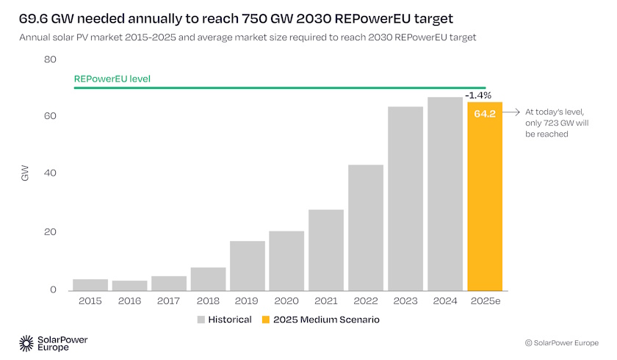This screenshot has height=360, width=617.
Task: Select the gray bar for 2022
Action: tap(366, 228)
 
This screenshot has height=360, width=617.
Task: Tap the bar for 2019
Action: tap(248, 265)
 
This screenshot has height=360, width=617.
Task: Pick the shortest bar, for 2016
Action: tap(129, 285)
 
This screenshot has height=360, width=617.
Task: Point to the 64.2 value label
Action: tap(485, 114)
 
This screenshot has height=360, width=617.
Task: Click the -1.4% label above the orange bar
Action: tap(478, 96)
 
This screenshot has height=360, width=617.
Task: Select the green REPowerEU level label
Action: tap(112, 78)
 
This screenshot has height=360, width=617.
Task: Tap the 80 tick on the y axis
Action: tap(50, 59)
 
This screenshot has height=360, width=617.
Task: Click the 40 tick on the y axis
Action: tap(50, 174)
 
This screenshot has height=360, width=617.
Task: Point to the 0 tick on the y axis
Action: tap(53, 290)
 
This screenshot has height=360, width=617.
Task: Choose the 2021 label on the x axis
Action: tap(326, 301)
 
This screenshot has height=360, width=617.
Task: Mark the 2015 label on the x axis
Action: tap(90, 301)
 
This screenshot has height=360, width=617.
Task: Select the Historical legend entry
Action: tap(224, 320)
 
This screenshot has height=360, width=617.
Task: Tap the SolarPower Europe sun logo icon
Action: tap(26, 342)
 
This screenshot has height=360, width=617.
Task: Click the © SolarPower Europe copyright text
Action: tap(561, 343)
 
